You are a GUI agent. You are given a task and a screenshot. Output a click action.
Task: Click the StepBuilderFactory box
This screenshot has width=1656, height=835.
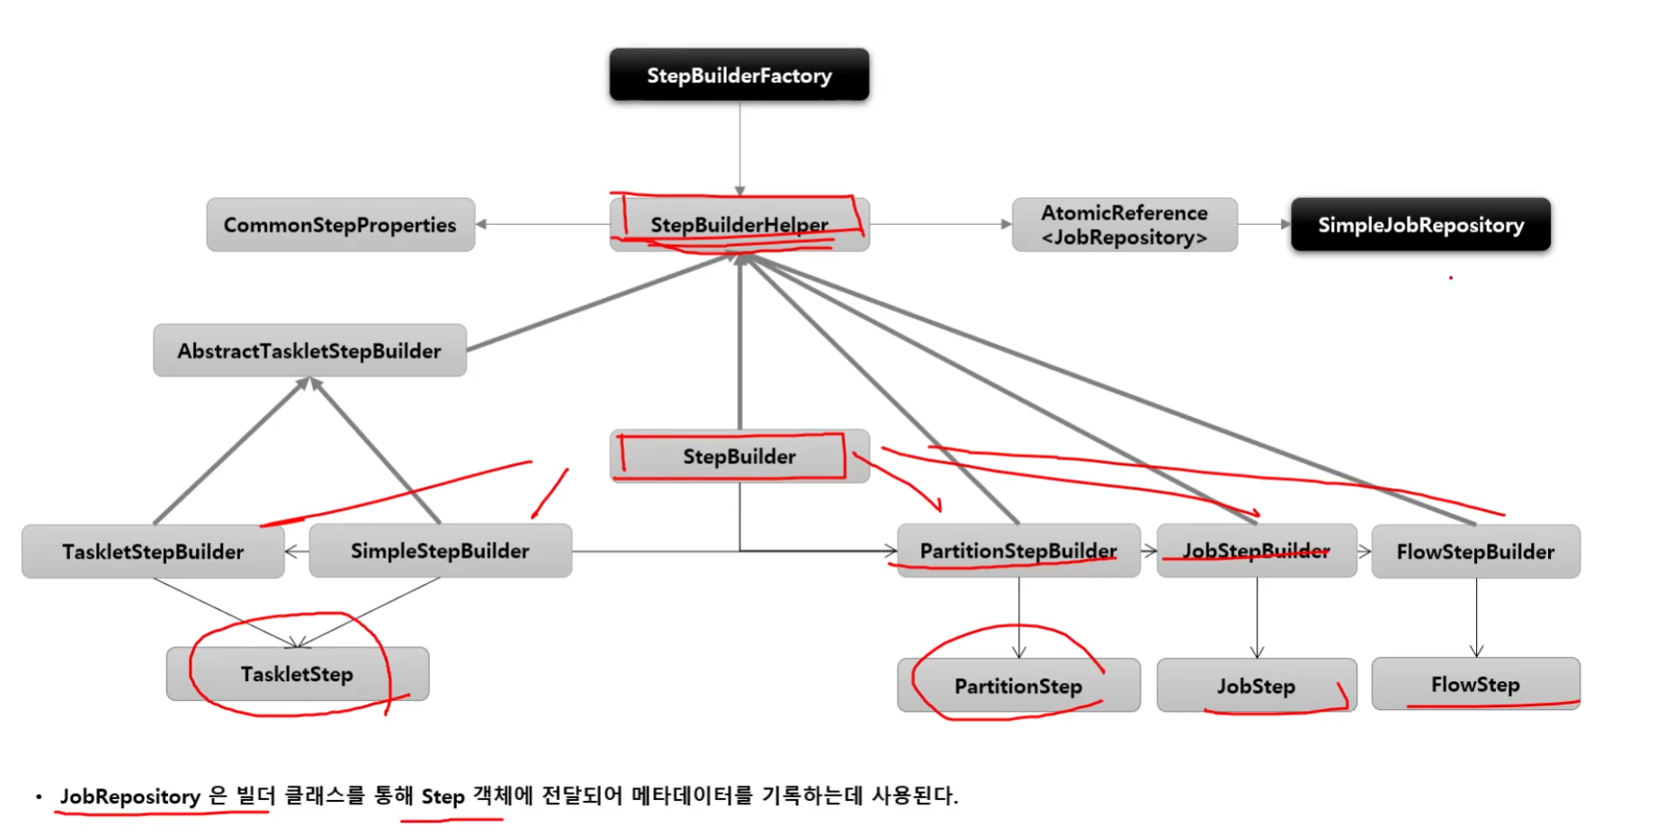738,75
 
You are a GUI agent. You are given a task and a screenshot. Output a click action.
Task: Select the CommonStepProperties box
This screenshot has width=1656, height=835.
340,225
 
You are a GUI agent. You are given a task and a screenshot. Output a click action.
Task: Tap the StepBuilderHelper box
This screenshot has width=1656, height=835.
738,224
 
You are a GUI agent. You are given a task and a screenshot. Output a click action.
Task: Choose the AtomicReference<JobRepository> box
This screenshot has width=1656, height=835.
1123,225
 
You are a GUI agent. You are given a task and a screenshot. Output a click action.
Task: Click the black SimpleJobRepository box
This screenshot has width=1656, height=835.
1420,225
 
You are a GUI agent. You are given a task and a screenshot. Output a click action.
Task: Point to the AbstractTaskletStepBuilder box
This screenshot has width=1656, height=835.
309,351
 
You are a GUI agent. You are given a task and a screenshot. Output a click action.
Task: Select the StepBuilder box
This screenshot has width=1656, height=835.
738,456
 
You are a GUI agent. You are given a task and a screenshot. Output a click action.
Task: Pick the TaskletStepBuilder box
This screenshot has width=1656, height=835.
153,552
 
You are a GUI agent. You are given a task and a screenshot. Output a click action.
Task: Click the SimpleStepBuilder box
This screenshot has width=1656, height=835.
440,551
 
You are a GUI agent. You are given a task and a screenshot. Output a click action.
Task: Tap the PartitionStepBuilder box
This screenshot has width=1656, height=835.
1018,551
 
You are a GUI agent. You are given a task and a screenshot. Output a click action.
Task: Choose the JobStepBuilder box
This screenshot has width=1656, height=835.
1256,551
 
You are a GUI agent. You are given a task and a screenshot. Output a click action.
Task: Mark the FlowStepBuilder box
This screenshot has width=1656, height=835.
1475,552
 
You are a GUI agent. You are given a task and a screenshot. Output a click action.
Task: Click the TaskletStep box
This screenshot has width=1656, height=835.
297,674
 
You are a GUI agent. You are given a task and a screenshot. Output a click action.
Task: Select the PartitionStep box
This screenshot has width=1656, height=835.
1018,686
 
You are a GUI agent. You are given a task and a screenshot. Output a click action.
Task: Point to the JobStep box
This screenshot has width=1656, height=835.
1256,686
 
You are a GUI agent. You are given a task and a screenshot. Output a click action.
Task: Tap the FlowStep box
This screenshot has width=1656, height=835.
1475,684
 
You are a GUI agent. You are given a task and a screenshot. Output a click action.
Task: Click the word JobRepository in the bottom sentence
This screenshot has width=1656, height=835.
130,796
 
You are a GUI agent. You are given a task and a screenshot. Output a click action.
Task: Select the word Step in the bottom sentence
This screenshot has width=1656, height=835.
443,796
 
